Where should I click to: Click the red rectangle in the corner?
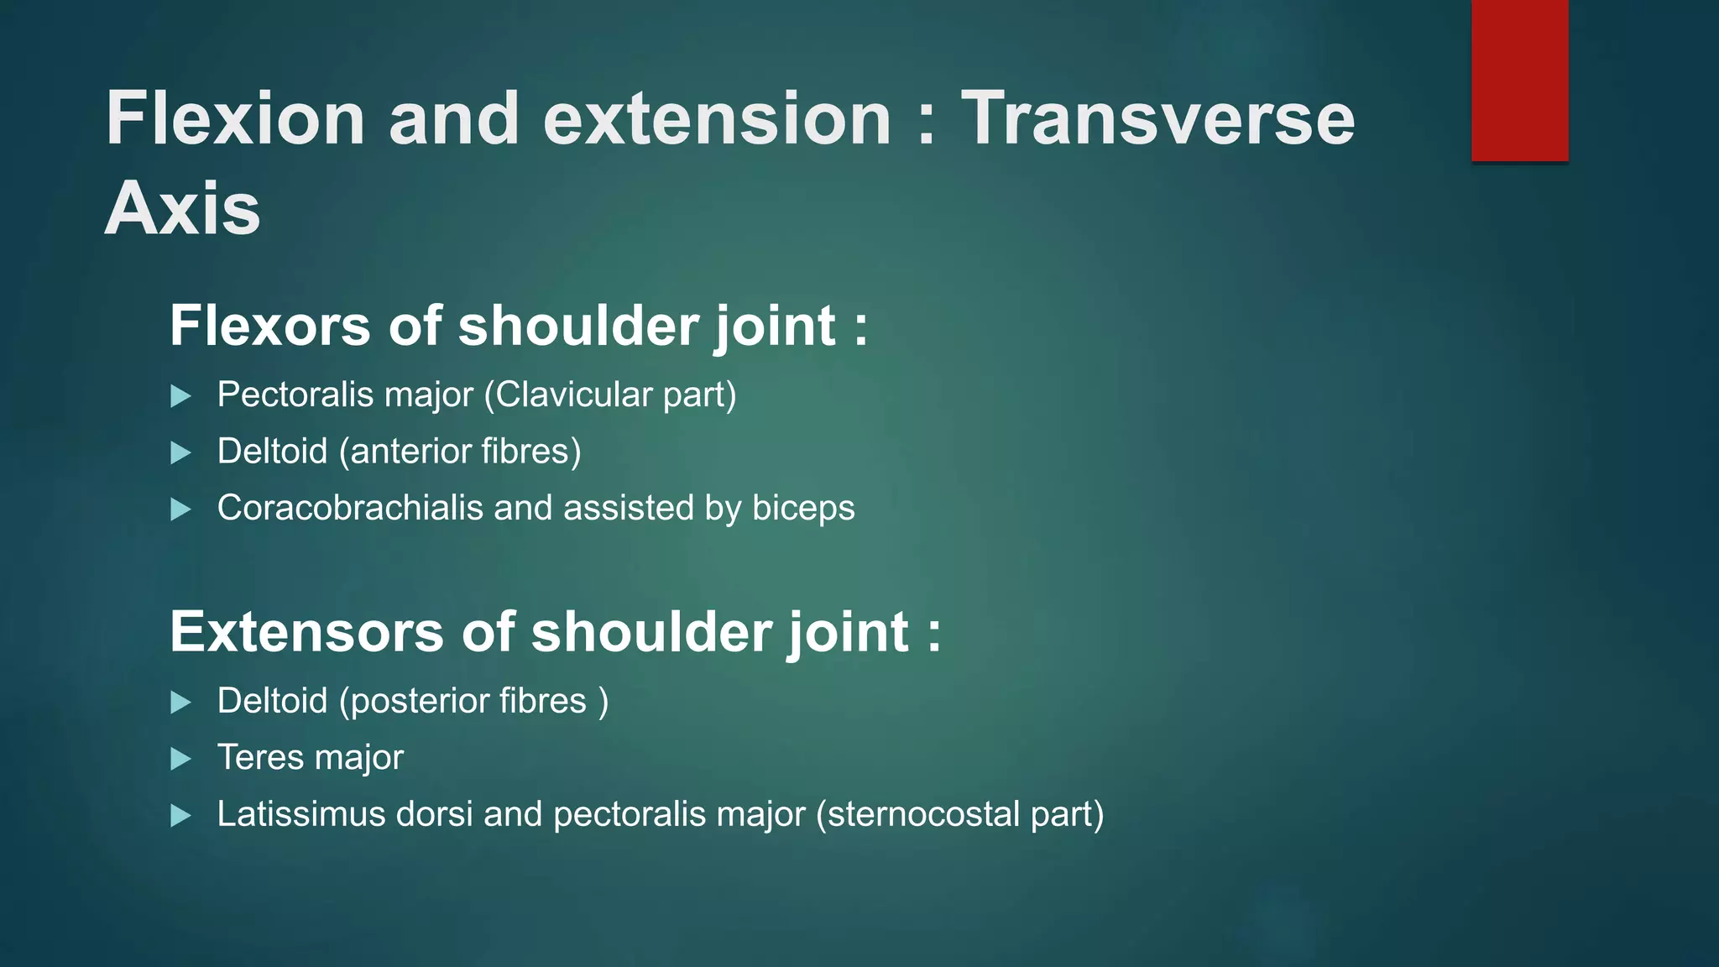(1519, 81)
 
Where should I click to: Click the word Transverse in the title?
(1157, 118)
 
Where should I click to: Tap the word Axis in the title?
(182, 208)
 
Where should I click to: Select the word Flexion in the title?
(235, 118)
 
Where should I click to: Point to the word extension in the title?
(717, 118)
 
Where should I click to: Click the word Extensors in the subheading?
(306, 632)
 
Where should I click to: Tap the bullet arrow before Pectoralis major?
(180, 396)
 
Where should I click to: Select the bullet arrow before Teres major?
(180, 759)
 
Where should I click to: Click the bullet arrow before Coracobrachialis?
(180, 509)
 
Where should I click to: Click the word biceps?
(803, 509)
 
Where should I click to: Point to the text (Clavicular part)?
(610, 395)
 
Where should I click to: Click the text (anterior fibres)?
(460, 452)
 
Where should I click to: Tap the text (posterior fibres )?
(473, 702)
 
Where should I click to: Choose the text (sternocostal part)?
(959, 814)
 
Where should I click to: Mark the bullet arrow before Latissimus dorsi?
(180, 815)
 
